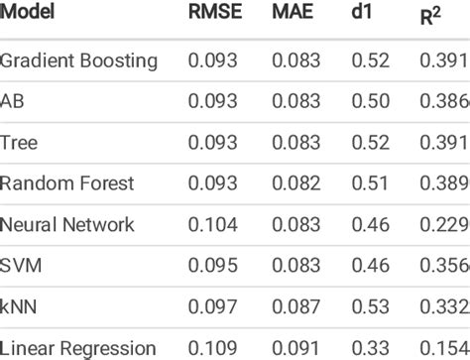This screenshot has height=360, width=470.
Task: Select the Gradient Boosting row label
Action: point(79,61)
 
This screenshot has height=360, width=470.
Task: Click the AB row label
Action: point(14,102)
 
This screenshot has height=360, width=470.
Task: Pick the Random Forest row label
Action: point(66,183)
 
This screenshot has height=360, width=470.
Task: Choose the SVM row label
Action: point(21,266)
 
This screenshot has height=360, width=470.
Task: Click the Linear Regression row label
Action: point(78,348)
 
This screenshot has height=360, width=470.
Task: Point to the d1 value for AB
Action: point(369,102)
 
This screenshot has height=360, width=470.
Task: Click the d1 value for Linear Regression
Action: point(369,348)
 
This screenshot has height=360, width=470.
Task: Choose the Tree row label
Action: point(20,143)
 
